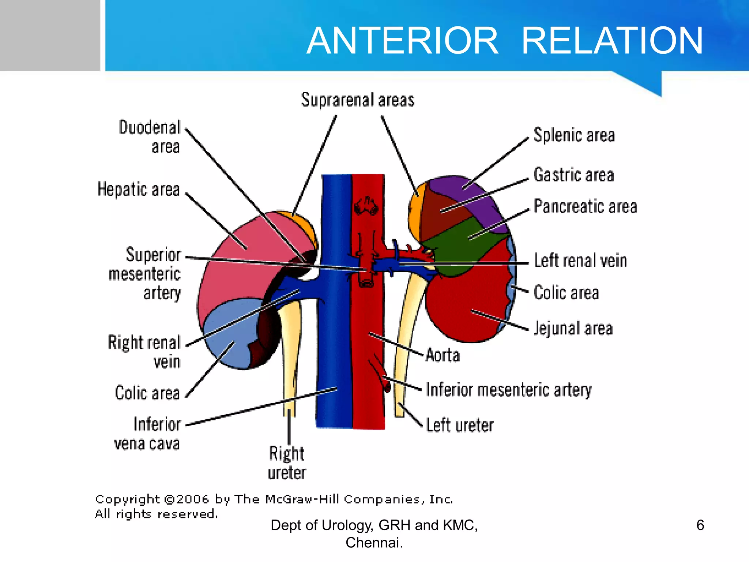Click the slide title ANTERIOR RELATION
(505, 41)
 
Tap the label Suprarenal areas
(358, 100)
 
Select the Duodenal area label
(150, 137)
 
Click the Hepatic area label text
(139, 190)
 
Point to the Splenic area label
(574, 135)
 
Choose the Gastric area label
(573, 175)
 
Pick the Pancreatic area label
(585, 206)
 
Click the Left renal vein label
(580, 261)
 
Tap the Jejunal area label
(573, 328)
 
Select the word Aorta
(443, 355)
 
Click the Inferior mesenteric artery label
(509, 390)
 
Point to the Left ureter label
(460, 425)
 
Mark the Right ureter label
(287, 463)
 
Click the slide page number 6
(700, 525)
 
